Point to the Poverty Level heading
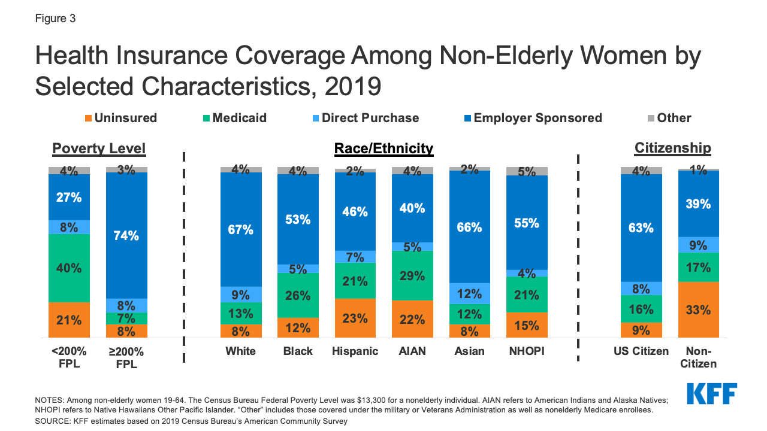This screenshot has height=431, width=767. point(99,148)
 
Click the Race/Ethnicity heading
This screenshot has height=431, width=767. point(383,148)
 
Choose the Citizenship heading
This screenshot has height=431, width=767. point(672,148)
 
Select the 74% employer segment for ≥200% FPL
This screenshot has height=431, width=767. point(126,235)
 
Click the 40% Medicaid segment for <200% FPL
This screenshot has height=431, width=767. point(69,268)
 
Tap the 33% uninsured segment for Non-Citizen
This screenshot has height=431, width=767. point(698,310)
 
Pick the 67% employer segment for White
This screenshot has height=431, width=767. point(241,229)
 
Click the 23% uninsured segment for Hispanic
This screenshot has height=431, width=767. point(355,318)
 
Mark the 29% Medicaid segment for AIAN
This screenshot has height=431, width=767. point(412,276)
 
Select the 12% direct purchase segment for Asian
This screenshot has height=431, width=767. point(469,293)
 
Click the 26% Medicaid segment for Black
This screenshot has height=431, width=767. point(298,295)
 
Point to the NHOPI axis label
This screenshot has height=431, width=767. point(526,351)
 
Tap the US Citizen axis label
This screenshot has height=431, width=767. point(641,351)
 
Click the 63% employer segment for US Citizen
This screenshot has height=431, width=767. point(641,227)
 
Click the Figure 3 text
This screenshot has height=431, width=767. point(55,19)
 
